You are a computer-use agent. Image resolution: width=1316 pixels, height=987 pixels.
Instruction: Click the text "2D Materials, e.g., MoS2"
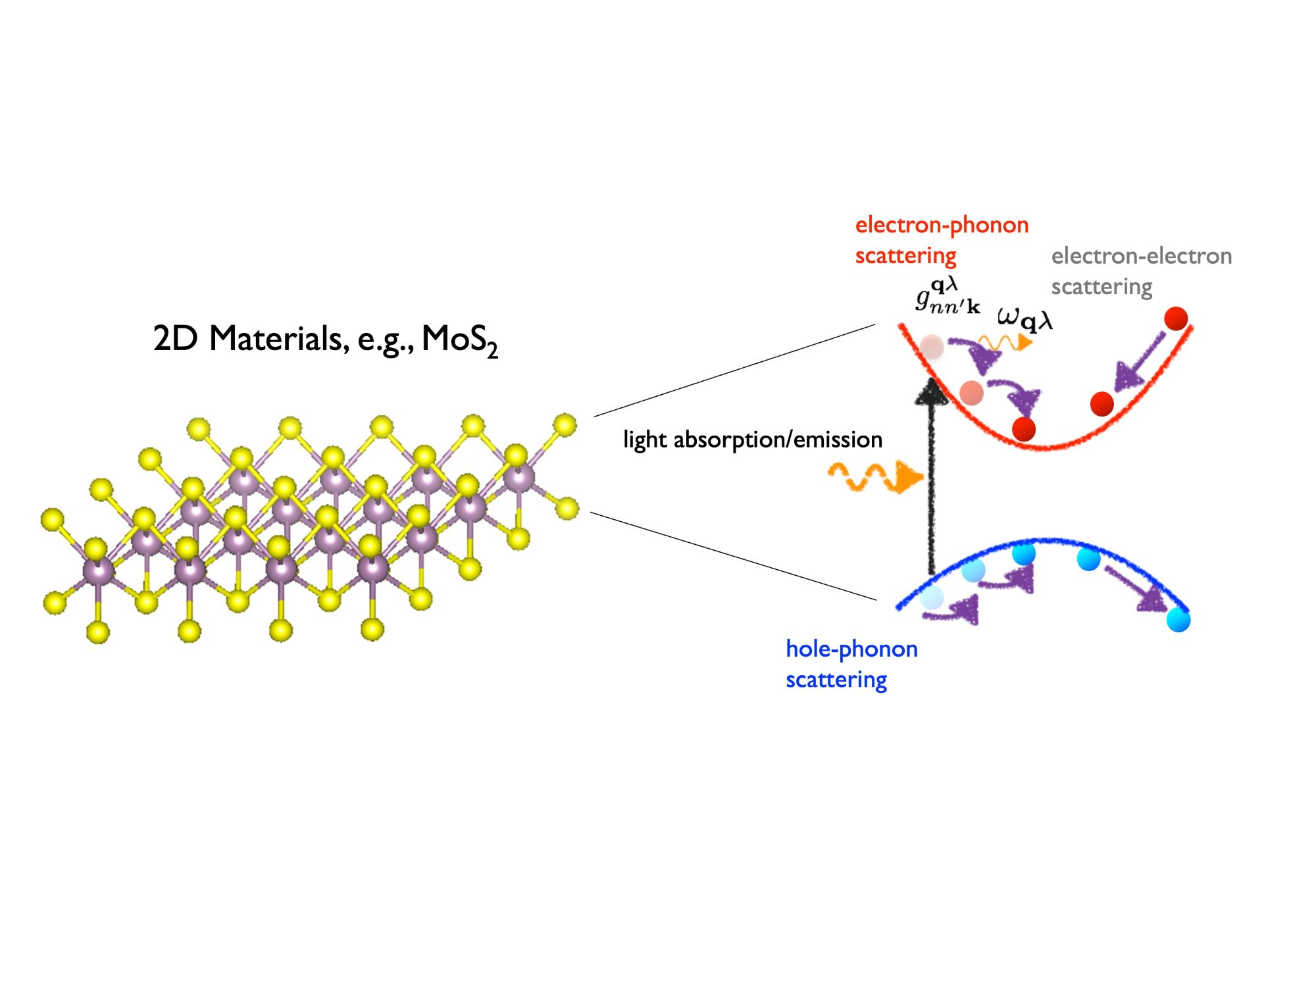(x=325, y=340)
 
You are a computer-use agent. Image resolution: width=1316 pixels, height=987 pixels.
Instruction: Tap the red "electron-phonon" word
(x=942, y=225)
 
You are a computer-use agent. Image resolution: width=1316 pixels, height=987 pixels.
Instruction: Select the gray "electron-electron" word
(x=1141, y=256)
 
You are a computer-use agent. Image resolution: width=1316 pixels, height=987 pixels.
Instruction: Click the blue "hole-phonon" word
(x=851, y=649)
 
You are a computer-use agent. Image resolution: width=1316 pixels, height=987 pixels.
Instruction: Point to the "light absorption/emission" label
(x=753, y=440)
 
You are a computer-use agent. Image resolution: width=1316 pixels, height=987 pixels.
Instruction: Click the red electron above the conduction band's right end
(x=1176, y=318)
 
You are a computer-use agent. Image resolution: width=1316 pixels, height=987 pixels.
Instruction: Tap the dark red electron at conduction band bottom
(x=1024, y=429)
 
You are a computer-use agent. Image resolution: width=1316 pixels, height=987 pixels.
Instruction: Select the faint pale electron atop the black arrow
(x=932, y=347)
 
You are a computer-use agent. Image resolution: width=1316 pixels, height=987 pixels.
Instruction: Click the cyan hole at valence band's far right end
(x=1178, y=620)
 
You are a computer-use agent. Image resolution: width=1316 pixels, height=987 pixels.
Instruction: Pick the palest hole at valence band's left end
(x=932, y=598)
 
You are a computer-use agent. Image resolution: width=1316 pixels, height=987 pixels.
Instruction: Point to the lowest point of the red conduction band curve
(x=1046, y=448)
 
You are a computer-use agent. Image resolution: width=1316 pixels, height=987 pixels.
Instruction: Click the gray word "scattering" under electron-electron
(x=1101, y=287)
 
